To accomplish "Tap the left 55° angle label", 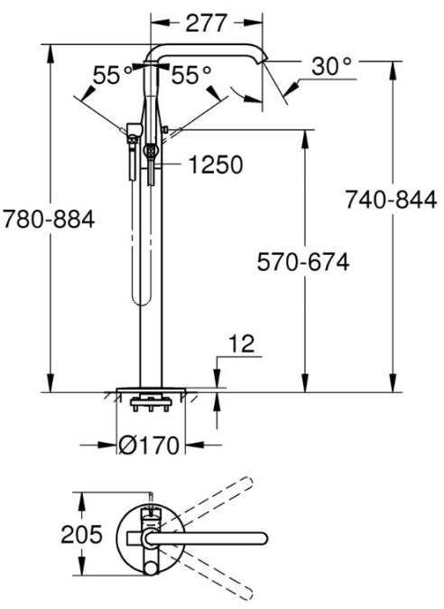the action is point(113,75).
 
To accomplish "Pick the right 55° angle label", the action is point(191,75).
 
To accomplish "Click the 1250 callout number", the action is point(216,164).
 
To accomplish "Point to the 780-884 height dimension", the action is point(49,219).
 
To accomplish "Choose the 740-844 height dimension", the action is point(391,201).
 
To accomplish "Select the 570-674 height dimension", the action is point(303,262).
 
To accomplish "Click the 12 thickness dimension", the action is point(242,343).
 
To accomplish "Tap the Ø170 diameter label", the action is point(149,445).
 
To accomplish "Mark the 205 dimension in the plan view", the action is point(81,534).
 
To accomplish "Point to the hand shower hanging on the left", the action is point(133,152).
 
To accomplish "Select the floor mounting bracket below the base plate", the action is point(151,403).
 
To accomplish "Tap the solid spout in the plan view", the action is point(205,539).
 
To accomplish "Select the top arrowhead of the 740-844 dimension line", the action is point(393,70).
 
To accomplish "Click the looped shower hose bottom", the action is point(141,300).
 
